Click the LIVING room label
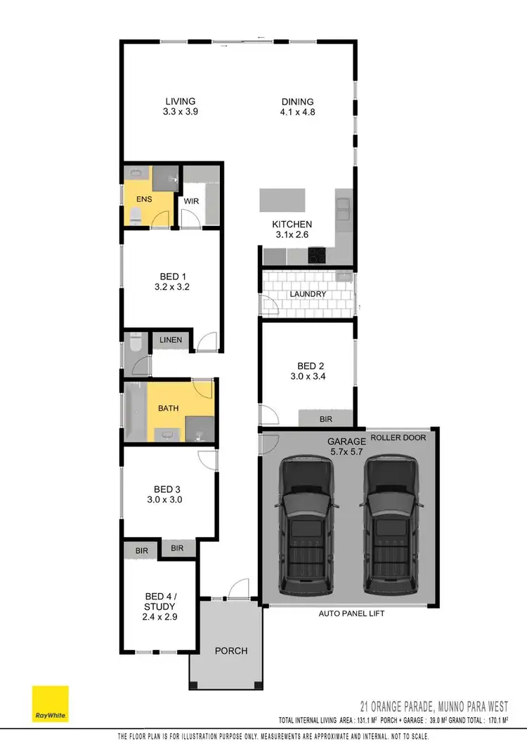click(x=181, y=101)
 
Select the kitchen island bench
click(x=284, y=200)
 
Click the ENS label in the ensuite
click(x=143, y=199)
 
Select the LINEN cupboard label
click(x=171, y=340)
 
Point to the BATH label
click(x=168, y=408)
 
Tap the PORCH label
click(x=231, y=651)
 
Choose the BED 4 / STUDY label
click(x=158, y=602)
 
